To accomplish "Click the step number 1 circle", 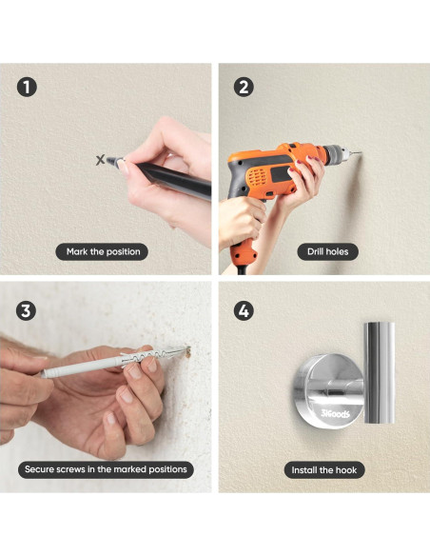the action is (x=27, y=87).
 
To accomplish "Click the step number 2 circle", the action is (x=244, y=87).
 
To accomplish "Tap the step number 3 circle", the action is (x=27, y=311).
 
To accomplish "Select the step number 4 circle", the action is (x=244, y=311).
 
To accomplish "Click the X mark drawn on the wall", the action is (x=101, y=160).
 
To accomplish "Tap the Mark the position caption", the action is (x=102, y=251).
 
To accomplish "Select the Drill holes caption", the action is (x=327, y=251).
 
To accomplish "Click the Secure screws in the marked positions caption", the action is (x=106, y=469).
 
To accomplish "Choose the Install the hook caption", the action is (x=324, y=470).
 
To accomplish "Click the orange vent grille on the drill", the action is (x=256, y=177).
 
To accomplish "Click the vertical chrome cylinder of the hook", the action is (x=379, y=372).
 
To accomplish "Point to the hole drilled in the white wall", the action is (x=188, y=352).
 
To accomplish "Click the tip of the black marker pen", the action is (x=108, y=160).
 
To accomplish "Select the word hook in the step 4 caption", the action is (x=346, y=470).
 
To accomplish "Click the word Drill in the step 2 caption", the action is (x=315, y=251).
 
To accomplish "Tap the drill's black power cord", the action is (x=242, y=269).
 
